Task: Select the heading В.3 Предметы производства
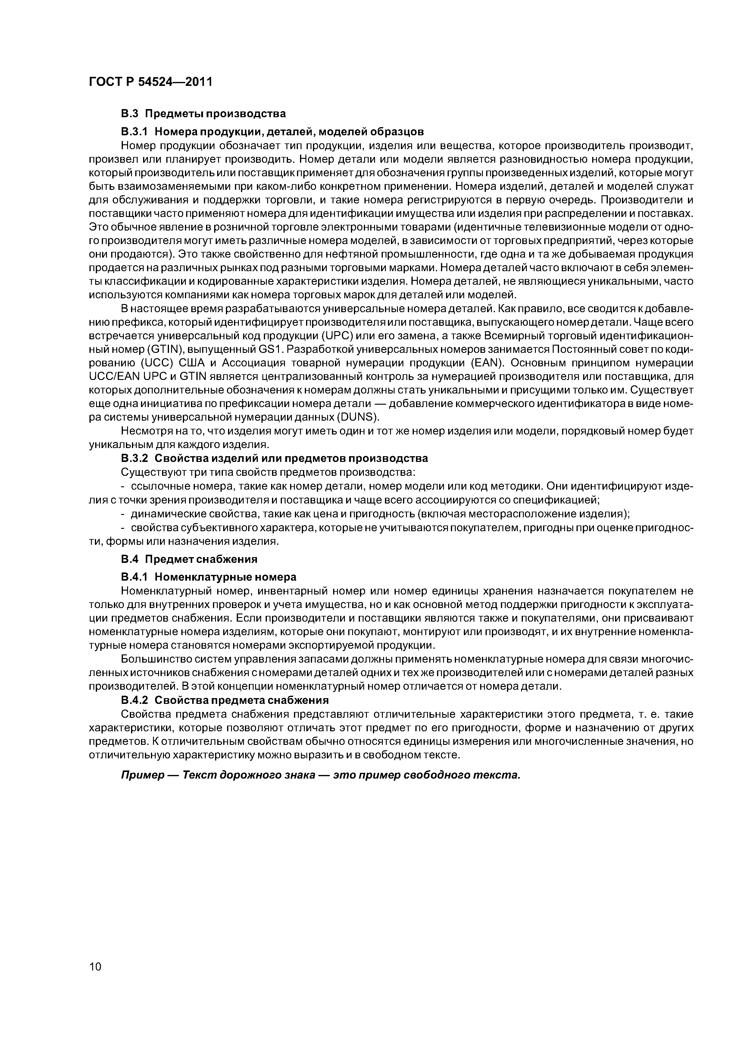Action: (203, 113)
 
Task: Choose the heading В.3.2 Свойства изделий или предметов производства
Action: (274, 459)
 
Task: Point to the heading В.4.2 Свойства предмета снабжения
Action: (225, 700)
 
